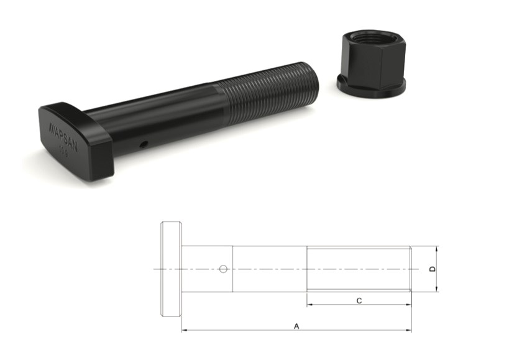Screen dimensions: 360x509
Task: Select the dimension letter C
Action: tap(359, 300)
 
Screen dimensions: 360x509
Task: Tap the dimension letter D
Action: tap(433, 269)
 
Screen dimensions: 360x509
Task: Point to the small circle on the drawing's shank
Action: tap(223, 269)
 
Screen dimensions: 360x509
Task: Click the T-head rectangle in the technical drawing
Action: tap(172, 269)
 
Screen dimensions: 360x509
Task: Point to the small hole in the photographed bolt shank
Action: tap(144, 144)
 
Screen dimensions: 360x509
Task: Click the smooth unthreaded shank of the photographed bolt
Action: tap(162, 121)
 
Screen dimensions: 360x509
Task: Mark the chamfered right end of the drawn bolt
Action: tap(410, 269)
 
